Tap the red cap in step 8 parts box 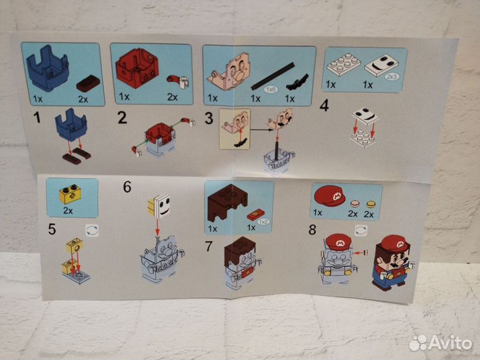(331, 198)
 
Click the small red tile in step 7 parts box (256, 213)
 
